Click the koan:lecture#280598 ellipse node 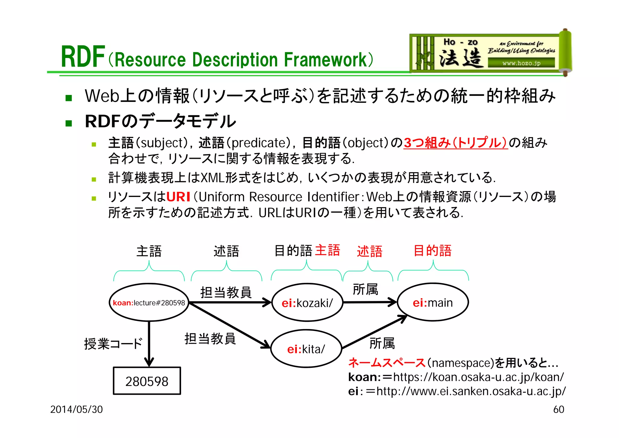(x=149, y=302)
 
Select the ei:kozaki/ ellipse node (x=307, y=302)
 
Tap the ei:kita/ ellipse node (x=306, y=349)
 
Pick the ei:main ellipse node (x=433, y=302)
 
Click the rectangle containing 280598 (x=147, y=381)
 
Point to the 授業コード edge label (x=113, y=344)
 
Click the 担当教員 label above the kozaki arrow (x=226, y=292)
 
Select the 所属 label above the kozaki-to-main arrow (x=365, y=289)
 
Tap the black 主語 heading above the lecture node (x=149, y=251)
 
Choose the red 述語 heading (x=369, y=251)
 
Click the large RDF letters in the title (x=83, y=57)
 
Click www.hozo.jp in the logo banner (x=521, y=63)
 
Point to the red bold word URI (x=178, y=197)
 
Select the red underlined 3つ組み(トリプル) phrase (x=455, y=143)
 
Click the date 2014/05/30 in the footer (x=76, y=409)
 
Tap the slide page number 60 (x=559, y=409)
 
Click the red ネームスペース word (x=387, y=362)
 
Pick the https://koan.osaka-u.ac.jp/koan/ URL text (x=478, y=377)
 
